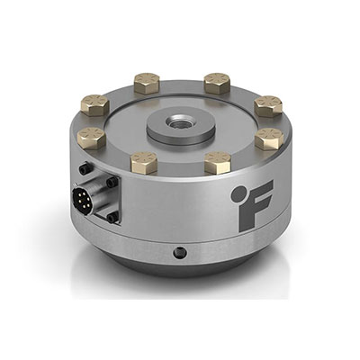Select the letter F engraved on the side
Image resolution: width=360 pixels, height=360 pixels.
click(x=256, y=206)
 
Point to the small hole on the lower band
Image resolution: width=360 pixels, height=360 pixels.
click(x=180, y=252)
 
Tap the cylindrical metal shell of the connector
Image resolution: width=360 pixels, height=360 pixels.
click(x=97, y=195)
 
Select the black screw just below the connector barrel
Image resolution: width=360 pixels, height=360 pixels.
click(x=112, y=217)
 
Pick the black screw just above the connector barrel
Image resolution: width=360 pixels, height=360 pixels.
click(x=112, y=182)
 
